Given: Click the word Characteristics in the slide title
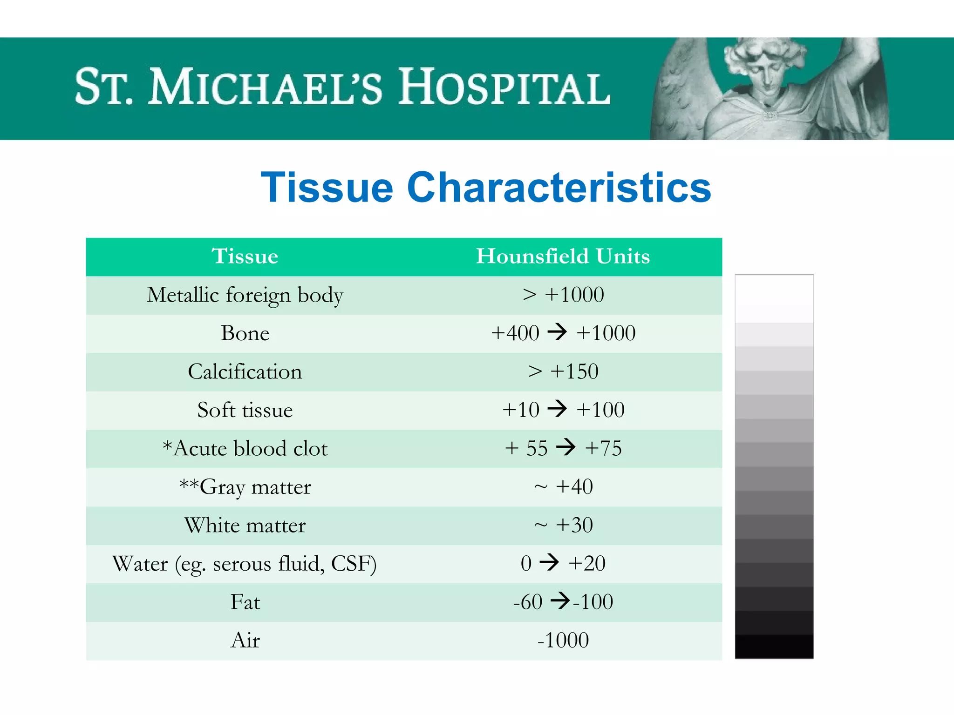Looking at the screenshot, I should (559, 188).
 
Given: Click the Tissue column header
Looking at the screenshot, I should (245, 256).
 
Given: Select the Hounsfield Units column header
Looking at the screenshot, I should (563, 256).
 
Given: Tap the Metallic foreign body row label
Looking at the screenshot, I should (245, 295).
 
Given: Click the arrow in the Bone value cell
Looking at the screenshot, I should (557, 332).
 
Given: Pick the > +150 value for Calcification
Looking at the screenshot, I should (563, 371).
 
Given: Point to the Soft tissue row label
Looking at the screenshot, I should (245, 410).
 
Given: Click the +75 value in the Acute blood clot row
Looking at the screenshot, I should (603, 448).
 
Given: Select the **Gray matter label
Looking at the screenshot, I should (245, 487).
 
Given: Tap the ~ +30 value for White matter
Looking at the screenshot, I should (563, 525).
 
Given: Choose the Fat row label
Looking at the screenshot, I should (245, 602).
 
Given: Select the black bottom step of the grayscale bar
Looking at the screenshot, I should (774, 646).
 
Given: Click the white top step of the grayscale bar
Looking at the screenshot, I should (774, 298).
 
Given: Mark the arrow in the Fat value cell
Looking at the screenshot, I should (560, 600).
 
